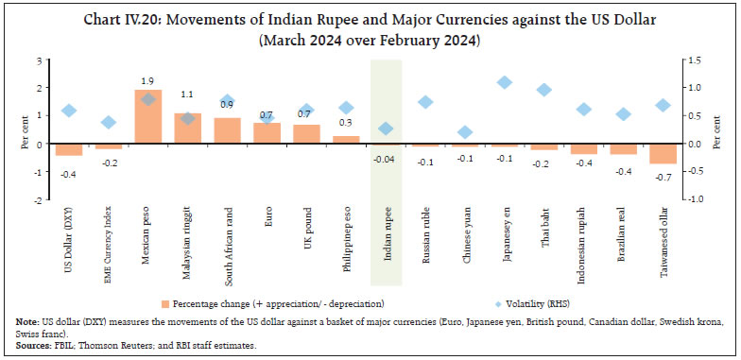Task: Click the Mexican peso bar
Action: (148, 117)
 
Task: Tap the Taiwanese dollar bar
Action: (663, 154)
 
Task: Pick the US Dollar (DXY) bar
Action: (68, 149)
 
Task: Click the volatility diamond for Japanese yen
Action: (504, 82)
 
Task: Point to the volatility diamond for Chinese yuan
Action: (464, 132)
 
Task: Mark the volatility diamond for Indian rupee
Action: (386, 129)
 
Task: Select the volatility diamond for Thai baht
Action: (543, 90)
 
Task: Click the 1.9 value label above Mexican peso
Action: (148, 81)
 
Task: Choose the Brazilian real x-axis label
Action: (625, 231)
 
